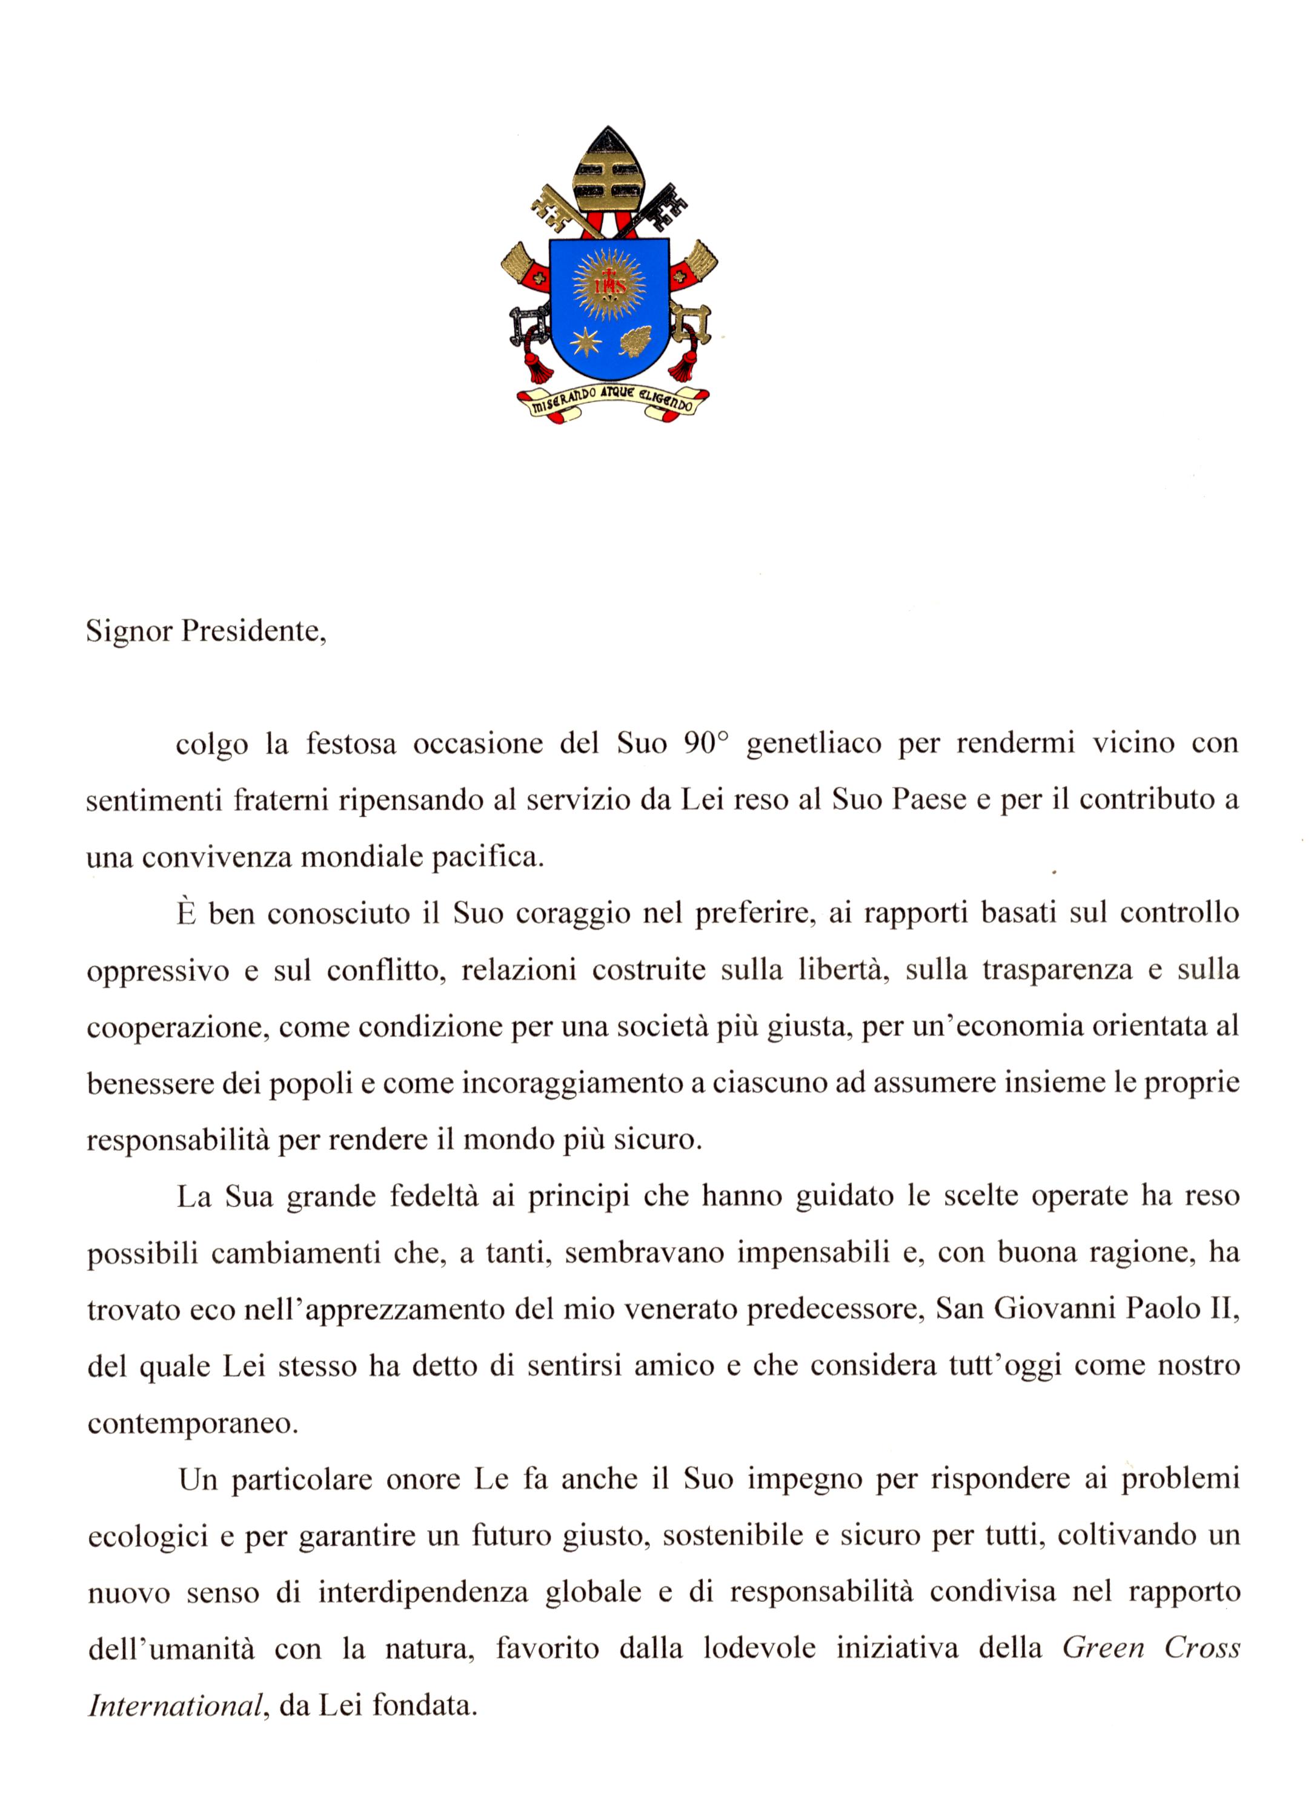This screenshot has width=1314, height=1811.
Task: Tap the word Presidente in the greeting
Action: [253, 632]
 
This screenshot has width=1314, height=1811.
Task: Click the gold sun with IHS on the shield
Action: [609, 284]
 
